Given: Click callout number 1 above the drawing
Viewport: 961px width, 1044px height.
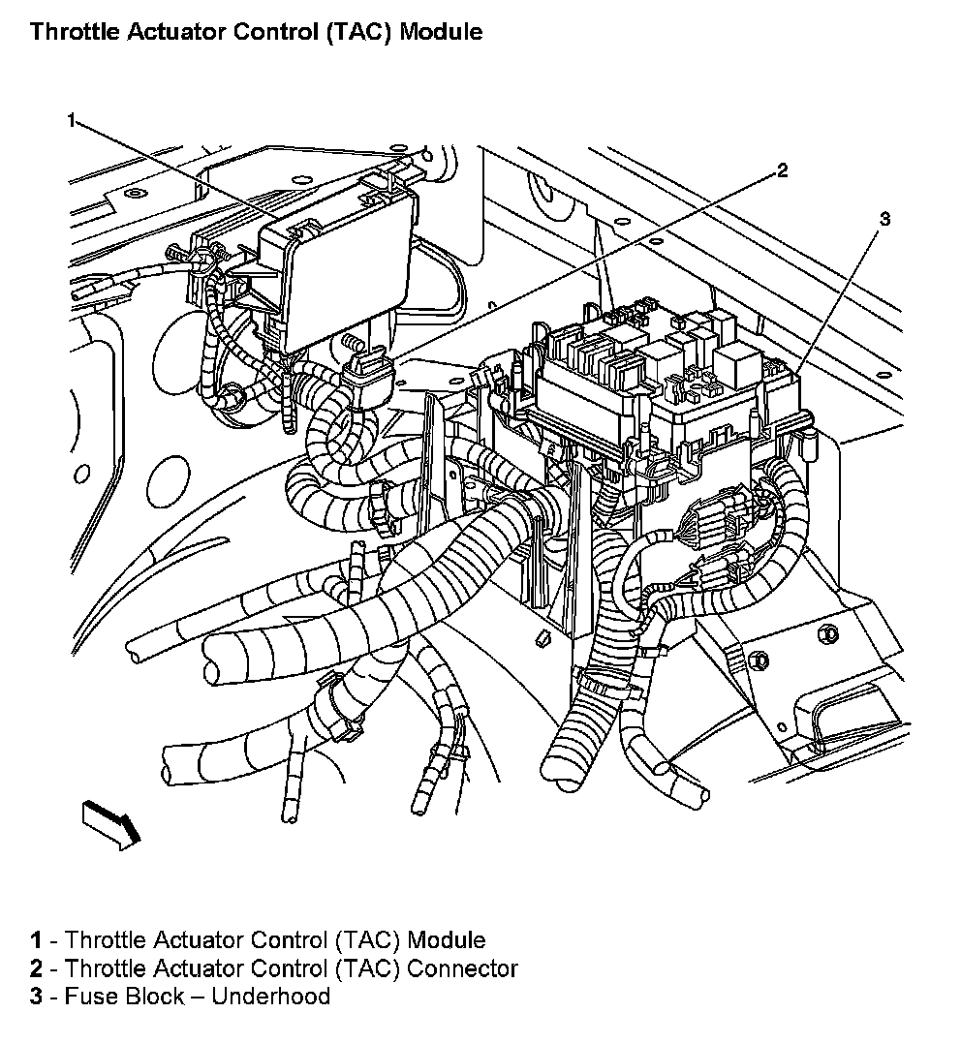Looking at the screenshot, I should [x=72, y=119].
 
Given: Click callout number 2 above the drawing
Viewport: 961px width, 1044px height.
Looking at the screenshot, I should [x=782, y=171].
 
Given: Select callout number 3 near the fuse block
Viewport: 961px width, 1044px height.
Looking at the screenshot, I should [x=883, y=219].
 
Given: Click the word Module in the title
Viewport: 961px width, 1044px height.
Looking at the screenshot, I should [x=441, y=31].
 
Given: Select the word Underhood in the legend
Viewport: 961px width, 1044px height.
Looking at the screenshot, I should [x=270, y=996].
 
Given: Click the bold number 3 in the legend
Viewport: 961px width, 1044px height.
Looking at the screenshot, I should [x=36, y=996].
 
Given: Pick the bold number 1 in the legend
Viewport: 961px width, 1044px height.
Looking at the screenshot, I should [x=36, y=939].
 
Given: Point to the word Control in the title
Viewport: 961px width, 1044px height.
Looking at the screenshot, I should [x=282, y=31].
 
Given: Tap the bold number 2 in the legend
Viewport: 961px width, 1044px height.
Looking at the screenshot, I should [x=36, y=967].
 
